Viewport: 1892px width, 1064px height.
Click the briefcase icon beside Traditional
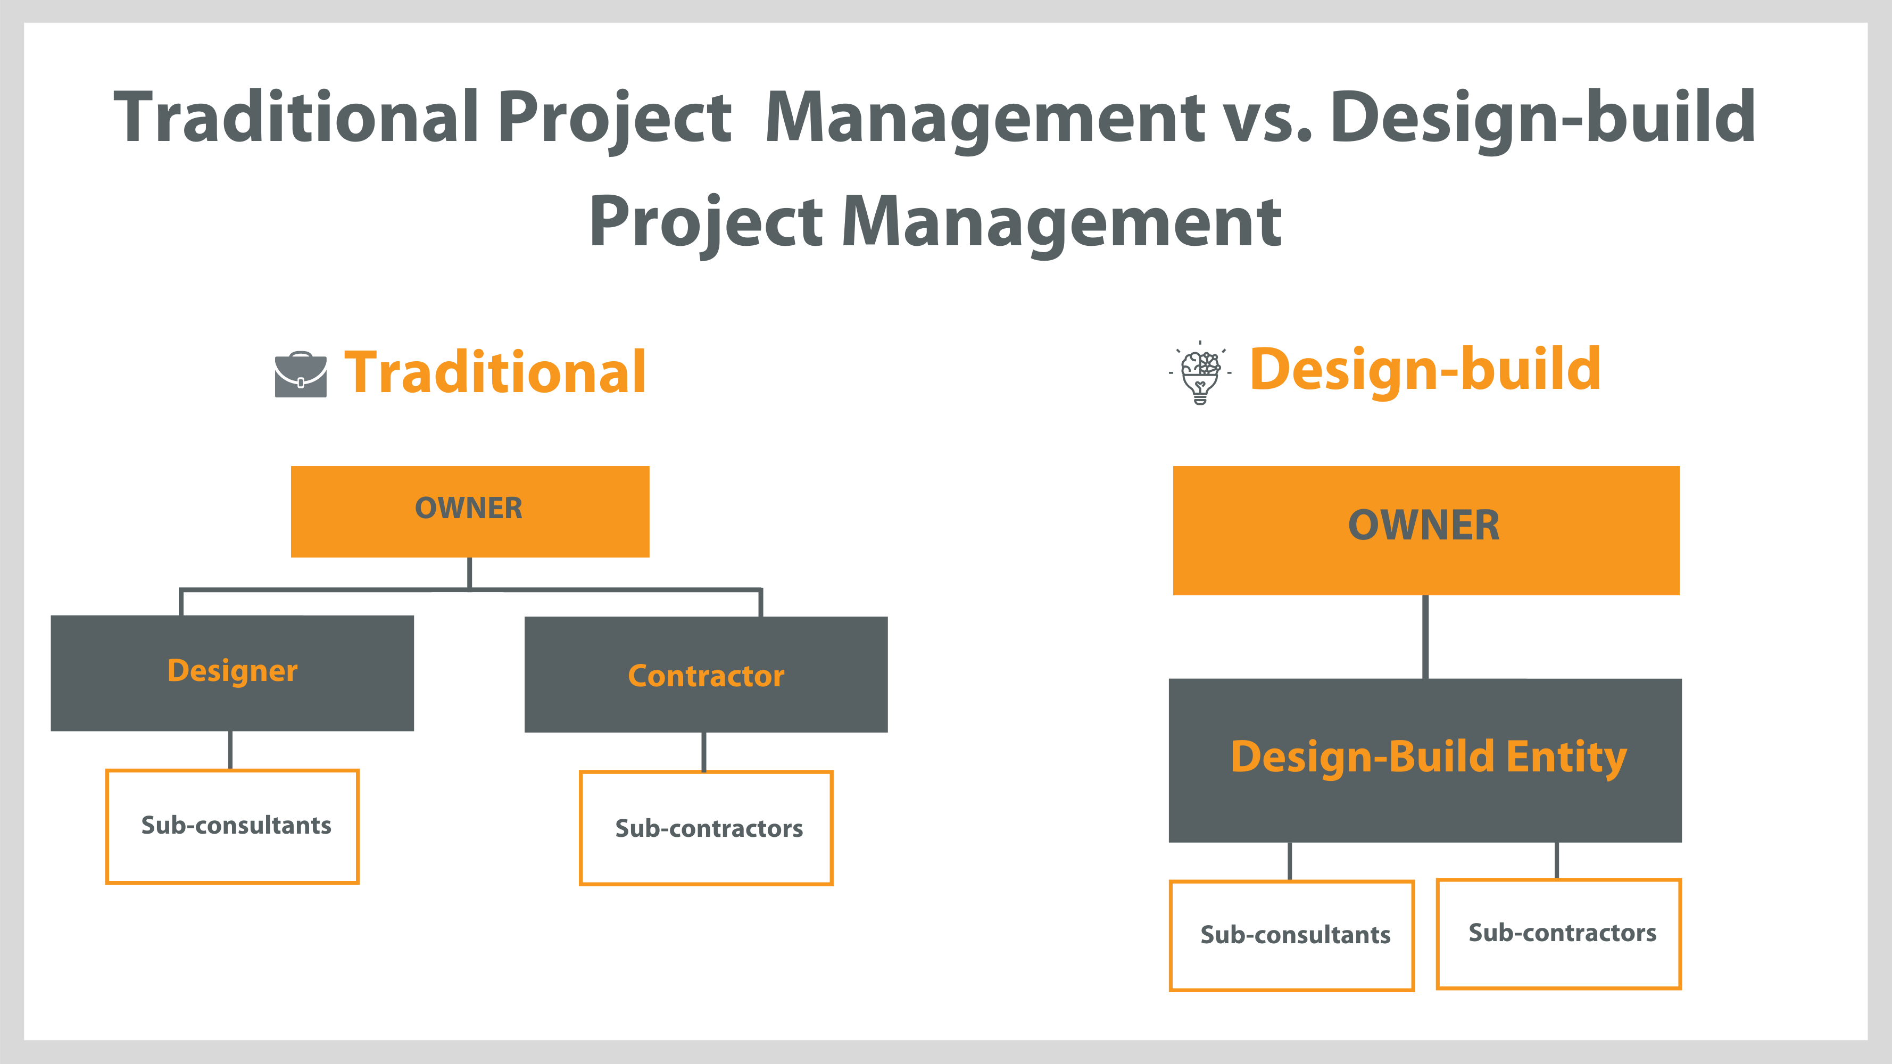pos(301,375)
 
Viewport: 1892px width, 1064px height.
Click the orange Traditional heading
pos(495,373)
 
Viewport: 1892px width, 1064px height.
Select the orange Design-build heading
pos(1425,369)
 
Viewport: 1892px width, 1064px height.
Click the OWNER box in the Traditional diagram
pos(469,511)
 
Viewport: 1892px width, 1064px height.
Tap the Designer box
pos(232,672)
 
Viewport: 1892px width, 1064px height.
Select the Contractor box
pos(706,674)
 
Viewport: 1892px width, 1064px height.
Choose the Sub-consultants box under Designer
pos(232,826)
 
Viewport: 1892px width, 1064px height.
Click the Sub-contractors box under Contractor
pos(706,828)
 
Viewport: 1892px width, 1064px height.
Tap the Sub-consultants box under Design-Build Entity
pos(1292,935)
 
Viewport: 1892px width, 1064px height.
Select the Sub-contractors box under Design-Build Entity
pos(1558,933)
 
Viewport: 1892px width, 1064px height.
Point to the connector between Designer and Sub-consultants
pos(230,750)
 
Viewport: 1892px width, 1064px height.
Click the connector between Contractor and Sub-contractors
pos(703,751)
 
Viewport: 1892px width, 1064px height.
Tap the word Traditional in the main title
pos(296,118)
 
